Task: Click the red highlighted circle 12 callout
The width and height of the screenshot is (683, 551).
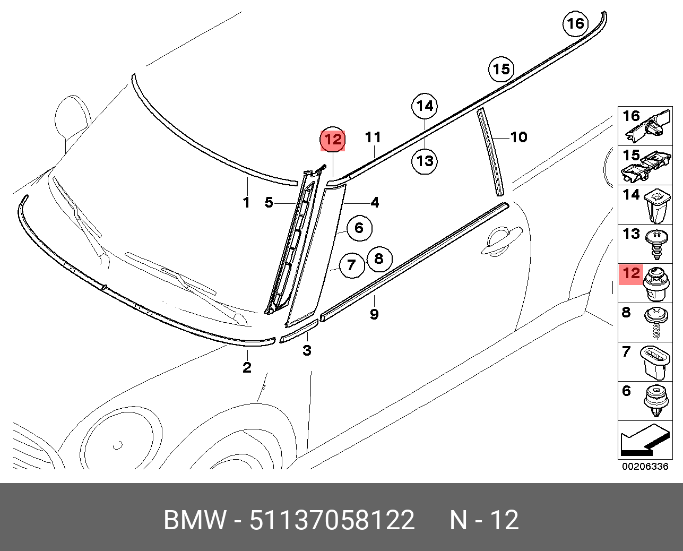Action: (333, 140)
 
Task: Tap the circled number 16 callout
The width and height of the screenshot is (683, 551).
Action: (575, 23)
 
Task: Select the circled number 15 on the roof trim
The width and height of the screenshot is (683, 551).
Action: (501, 69)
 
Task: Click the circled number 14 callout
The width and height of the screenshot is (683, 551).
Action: (425, 107)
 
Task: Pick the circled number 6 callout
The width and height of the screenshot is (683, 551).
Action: (359, 228)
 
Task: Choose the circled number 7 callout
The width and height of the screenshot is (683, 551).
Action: (351, 264)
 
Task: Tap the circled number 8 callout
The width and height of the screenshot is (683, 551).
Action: (378, 259)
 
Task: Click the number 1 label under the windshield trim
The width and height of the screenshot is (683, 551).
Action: (246, 202)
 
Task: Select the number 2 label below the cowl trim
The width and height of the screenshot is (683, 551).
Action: (247, 367)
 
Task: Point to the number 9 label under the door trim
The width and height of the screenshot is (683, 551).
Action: (374, 314)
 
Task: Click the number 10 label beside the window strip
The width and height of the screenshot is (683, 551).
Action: (518, 137)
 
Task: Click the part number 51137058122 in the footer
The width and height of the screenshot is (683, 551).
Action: (332, 520)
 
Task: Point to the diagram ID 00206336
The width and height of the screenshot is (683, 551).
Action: (645, 467)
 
